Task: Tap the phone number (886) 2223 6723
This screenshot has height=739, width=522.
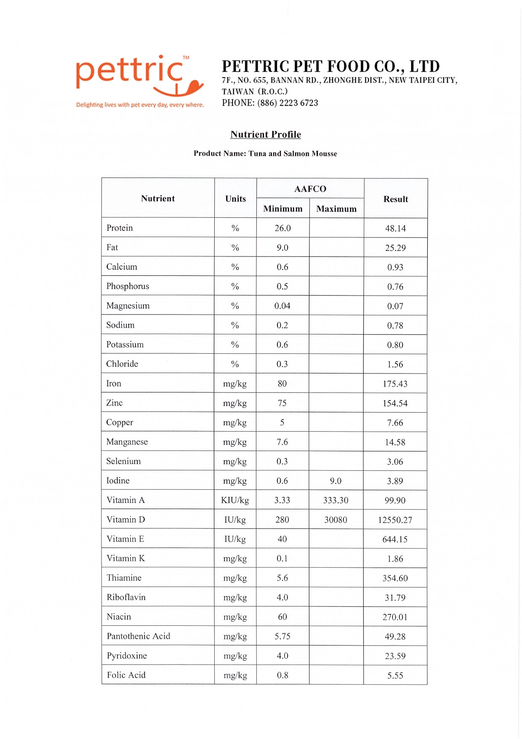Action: point(288,103)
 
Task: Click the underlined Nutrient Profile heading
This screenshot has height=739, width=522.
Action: point(266,134)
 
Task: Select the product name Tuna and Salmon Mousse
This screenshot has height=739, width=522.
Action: point(293,154)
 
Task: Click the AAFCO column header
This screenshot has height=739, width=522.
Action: point(310,189)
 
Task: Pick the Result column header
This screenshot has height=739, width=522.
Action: point(396,199)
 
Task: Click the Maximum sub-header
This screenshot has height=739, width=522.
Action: point(336,208)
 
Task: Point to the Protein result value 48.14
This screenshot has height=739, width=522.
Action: point(395,228)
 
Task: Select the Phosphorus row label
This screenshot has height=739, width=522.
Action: point(128,286)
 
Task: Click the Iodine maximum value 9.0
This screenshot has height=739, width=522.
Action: point(336,481)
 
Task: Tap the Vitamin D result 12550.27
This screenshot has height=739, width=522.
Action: point(395,520)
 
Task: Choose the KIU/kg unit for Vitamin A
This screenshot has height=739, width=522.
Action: point(235,500)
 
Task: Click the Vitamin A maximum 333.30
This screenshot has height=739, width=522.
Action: point(336,500)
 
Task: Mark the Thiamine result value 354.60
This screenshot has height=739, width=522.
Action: point(395,578)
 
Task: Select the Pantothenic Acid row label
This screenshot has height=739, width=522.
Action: point(138,636)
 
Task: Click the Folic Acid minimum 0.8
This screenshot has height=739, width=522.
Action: point(282,675)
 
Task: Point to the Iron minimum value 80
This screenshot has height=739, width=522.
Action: point(282,384)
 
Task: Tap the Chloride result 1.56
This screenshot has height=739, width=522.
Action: point(395,364)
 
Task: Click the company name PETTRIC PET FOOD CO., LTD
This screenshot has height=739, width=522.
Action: point(330,66)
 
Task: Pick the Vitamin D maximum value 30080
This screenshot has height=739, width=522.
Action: point(336,520)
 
